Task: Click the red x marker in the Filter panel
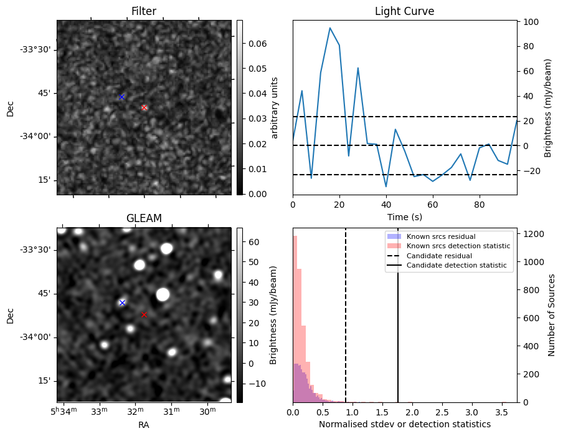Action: coord(144,107)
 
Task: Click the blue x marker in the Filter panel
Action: coord(121,97)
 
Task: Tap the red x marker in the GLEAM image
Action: coord(144,314)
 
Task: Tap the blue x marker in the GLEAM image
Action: coord(122,303)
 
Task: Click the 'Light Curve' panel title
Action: coord(404,11)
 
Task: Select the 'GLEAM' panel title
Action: coord(144,218)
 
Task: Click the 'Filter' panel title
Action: coord(144,11)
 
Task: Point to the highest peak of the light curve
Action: coord(330,28)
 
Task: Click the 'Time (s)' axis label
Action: coord(404,216)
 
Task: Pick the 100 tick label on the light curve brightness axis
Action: coord(531,21)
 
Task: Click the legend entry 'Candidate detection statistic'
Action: coord(457,266)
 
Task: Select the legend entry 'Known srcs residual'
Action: coord(441,236)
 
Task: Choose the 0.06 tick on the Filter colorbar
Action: coord(253,44)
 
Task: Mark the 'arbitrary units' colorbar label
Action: coord(275,107)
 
